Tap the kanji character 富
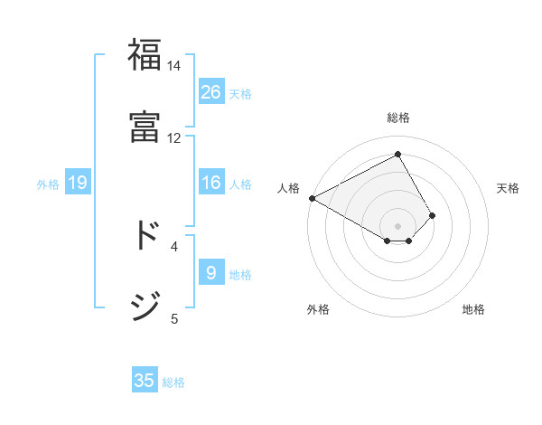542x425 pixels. pyautogui.click(x=145, y=126)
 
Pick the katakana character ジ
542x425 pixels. pyautogui.click(x=145, y=306)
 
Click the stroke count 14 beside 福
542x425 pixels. pyautogui.click(x=173, y=66)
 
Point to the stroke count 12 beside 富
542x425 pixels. pyautogui.click(x=173, y=137)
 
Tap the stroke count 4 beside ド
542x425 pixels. pyautogui.click(x=174, y=245)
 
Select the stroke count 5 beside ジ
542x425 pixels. pyautogui.click(x=174, y=317)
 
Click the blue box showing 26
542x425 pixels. pyautogui.click(x=211, y=92)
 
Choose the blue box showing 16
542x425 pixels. pyautogui.click(x=211, y=183)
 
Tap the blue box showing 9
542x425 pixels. pyautogui.click(x=211, y=273)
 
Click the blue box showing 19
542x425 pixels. pyautogui.click(x=78, y=183)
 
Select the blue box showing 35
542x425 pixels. pyautogui.click(x=145, y=381)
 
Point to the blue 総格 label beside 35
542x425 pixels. pyautogui.click(x=173, y=382)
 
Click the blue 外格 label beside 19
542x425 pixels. pyautogui.click(x=48, y=184)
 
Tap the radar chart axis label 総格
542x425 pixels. pyautogui.click(x=398, y=118)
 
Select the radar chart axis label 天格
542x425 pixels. pyautogui.click(x=509, y=188)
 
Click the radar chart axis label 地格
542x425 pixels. pyautogui.click(x=473, y=309)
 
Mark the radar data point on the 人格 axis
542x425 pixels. pyautogui.click(x=312, y=198)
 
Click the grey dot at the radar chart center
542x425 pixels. pyautogui.click(x=398, y=225)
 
